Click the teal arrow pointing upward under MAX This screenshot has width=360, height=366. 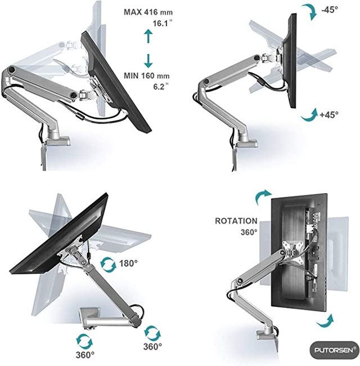(x=148, y=37)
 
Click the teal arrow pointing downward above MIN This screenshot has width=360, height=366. (x=148, y=60)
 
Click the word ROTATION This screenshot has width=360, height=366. (x=236, y=221)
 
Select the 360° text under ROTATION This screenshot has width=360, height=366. (x=249, y=232)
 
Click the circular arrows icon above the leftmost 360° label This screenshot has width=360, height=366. (x=84, y=340)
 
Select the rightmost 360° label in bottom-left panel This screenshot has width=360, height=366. (x=152, y=346)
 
